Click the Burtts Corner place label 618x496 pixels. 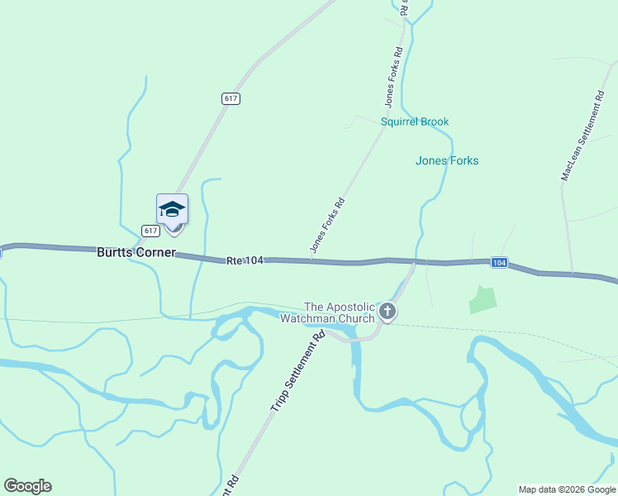(x=136, y=252)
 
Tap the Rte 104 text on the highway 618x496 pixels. (x=245, y=260)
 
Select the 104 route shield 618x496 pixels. (x=498, y=262)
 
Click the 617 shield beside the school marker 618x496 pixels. (x=150, y=231)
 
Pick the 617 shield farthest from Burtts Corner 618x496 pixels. (x=231, y=98)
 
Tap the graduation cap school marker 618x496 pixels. (x=172, y=208)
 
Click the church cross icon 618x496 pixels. (x=387, y=312)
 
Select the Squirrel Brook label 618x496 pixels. (x=415, y=122)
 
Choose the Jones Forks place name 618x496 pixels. (x=447, y=160)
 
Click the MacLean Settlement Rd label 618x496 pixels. (x=582, y=136)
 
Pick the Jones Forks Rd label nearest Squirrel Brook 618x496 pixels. (x=393, y=78)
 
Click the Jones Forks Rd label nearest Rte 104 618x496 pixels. (x=327, y=225)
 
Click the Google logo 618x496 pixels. (x=27, y=486)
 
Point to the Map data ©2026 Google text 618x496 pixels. (x=567, y=489)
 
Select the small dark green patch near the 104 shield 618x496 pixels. (x=483, y=299)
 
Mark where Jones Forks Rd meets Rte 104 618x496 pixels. (x=311, y=261)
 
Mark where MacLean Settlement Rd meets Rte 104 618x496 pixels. (x=572, y=273)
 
